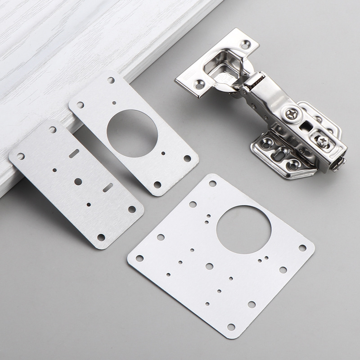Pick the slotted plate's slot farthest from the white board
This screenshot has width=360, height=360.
108,187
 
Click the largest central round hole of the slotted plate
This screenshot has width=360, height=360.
78,181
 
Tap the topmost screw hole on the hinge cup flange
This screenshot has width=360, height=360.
245,45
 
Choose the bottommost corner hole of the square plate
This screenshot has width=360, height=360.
231,327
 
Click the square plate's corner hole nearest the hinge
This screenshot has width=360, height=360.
212,184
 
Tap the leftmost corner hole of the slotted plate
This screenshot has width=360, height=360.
21,156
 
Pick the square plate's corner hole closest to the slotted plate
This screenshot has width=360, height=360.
139,258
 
